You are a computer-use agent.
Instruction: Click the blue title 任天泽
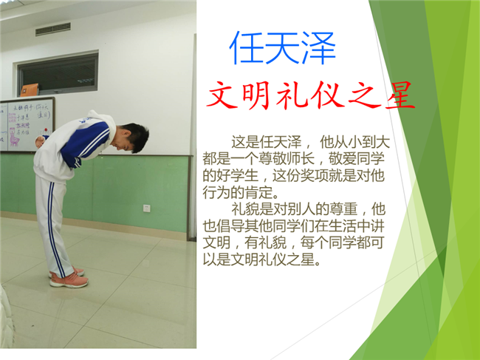click(x=282, y=48)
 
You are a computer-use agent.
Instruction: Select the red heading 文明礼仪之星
click(x=310, y=95)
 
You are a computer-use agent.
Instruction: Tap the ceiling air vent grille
click(x=53, y=30)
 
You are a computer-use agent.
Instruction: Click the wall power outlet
click(x=147, y=208)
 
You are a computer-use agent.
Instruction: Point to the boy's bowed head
click(x=132, y=137)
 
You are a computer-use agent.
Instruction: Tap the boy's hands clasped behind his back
click(x=41, y=141)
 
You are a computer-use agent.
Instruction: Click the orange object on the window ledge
click(x=30, y=89)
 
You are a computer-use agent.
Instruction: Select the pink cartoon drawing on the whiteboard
click(x=14, y=136)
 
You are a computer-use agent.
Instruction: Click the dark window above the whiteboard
click(x=58, y=73)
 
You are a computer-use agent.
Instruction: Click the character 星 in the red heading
click(x=400, y=95)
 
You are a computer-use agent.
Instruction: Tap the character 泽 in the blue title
click(x=319, y=48)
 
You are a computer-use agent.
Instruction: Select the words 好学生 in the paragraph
click(x=236, y=176)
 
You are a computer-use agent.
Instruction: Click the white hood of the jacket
click(x=103, y=121)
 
